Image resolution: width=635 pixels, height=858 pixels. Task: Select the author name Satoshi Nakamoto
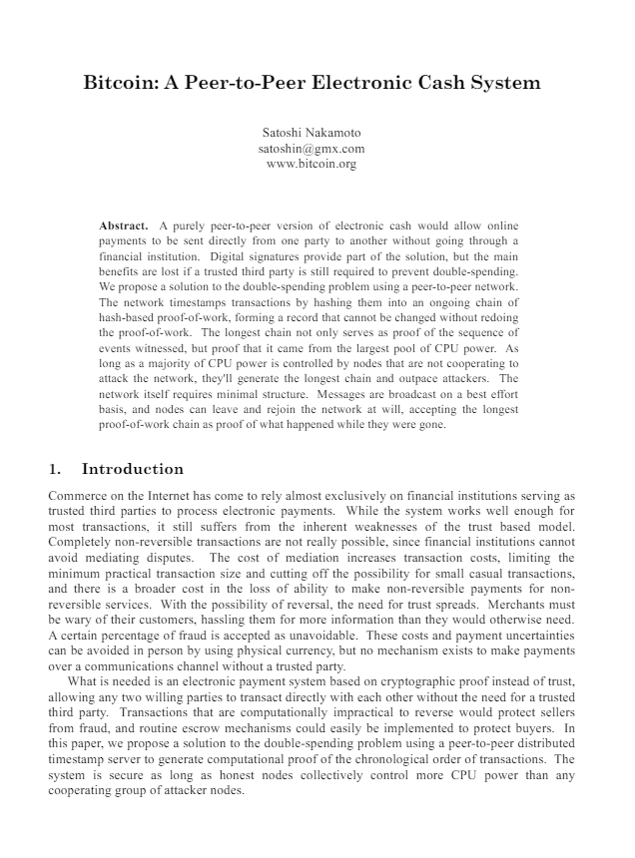[x=312, y=133]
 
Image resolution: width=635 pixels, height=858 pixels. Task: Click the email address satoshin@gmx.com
[x=312, y=149]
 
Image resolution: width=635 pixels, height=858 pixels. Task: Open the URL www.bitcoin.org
[x=312, y=164]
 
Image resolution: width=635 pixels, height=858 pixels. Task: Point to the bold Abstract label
[x=124, y=226]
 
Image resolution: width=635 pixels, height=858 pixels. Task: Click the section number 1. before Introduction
[x=55, y=469]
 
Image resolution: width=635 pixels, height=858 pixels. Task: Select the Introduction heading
[x=133, y=469]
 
